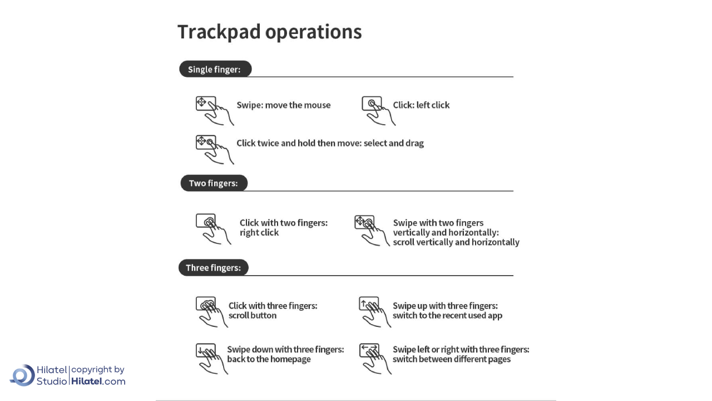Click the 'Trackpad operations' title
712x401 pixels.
pos(269,32)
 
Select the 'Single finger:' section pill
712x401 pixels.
pos(215,69)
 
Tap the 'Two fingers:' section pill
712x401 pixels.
pos(214,183)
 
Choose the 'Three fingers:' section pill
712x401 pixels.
pos(213,268)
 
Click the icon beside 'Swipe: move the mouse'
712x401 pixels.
pos(214,110)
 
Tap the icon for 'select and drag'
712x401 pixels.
pos(214,149)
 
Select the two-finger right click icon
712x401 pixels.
pos(212,228)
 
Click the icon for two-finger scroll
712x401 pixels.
pos(371,230)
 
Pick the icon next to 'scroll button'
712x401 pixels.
pos(211,311)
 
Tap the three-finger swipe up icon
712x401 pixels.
pos(374,311)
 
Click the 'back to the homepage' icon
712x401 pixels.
pos(211,358)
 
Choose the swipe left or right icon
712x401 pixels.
pos(374,358)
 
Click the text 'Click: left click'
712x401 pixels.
pos(421,105)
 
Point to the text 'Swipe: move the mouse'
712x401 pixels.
pos(283,105)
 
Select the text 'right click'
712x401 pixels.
pos(259,233)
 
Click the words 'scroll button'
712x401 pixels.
pos(252,316)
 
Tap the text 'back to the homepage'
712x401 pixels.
pos(269,359)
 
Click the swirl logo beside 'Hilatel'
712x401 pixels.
pos(22,375)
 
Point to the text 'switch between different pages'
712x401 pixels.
pos(451,359)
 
